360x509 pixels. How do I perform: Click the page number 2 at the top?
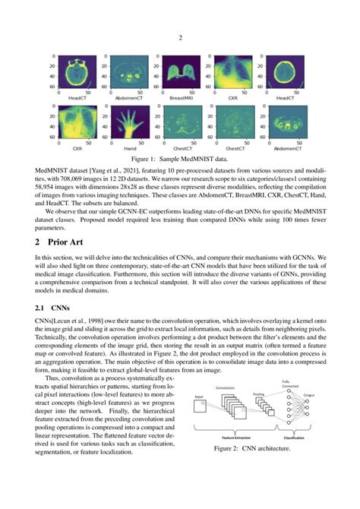180,37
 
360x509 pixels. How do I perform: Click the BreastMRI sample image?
178,74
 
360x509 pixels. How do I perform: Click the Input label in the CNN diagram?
199,397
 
